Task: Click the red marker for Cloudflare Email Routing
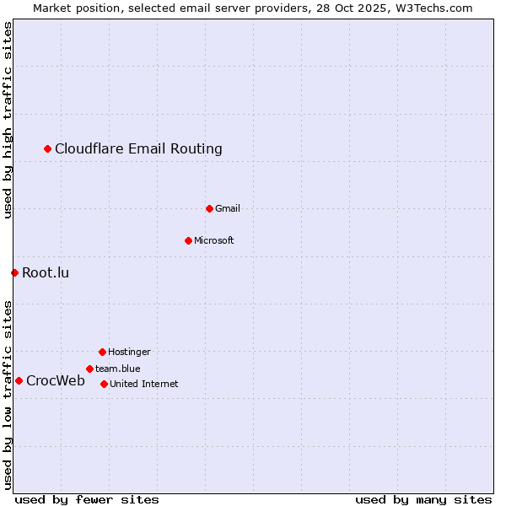(48, 149)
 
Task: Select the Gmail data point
(209, 208)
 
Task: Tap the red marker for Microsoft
(188, 240)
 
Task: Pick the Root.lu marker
(14, 272)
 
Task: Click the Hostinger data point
(102, 352)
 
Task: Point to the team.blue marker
(89, 369)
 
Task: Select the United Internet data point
(104, 384)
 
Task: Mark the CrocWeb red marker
(19, 380)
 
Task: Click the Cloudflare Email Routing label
(138, 149)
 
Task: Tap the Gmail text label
(228, 208)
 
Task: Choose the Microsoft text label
(214, 240)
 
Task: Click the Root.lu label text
(46, 272)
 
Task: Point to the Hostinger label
(129, 352)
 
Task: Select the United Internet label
(144, 384)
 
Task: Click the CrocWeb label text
(56, 380)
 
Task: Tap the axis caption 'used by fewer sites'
(87, 499)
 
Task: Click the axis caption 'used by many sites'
(423, 499)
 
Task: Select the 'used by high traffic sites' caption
(8, 121)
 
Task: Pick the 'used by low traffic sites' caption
(8, 395)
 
